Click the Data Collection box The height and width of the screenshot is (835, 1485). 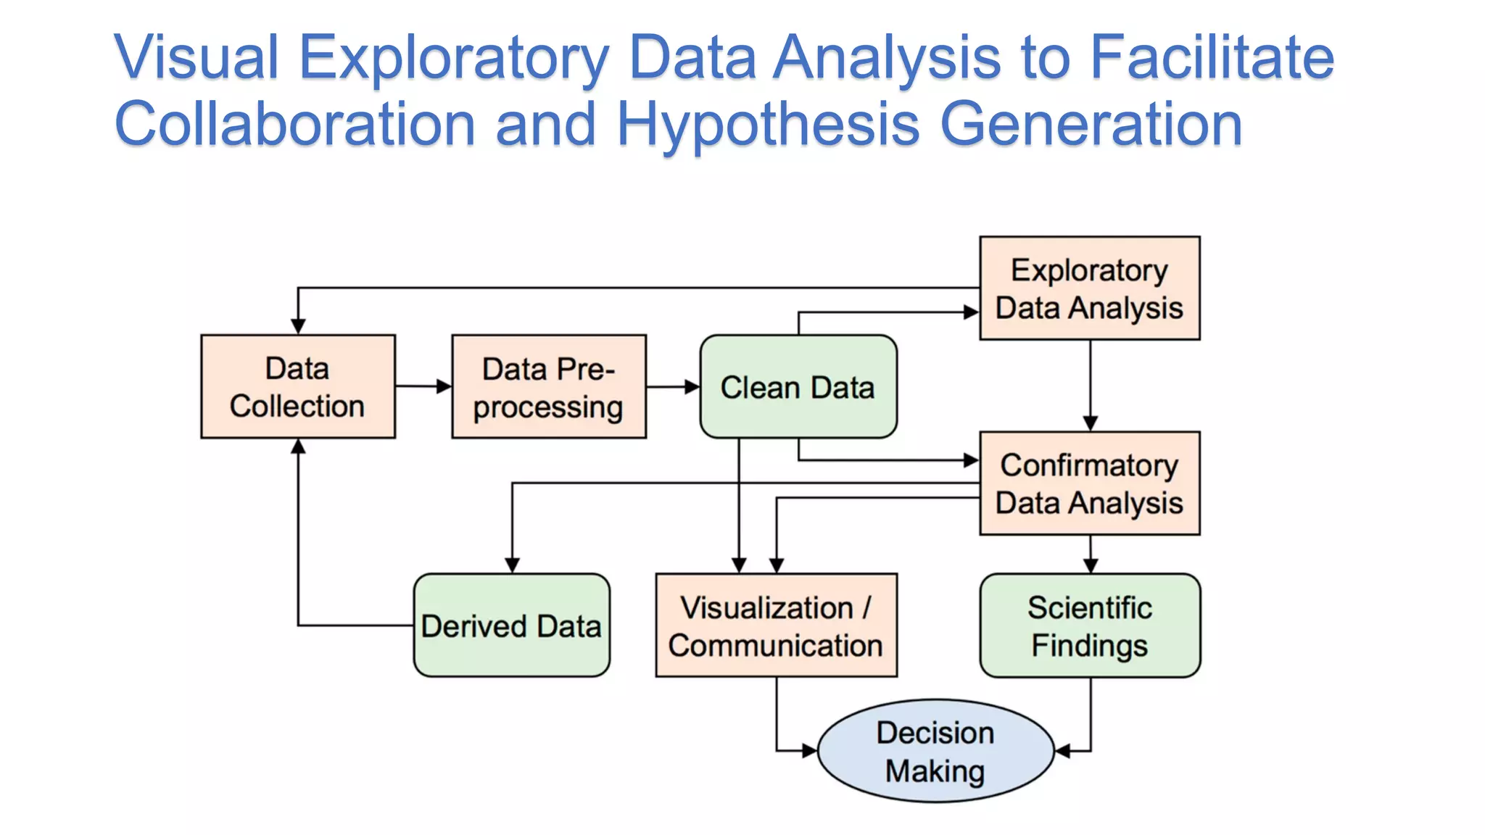297,386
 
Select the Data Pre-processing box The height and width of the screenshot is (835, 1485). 548,386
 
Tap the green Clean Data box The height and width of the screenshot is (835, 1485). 798,386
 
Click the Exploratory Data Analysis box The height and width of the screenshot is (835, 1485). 1089,288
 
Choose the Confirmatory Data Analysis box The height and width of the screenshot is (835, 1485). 1089,483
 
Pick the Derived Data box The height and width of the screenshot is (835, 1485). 511,626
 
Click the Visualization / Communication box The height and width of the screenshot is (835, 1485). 776,626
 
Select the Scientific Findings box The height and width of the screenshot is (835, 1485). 1089,626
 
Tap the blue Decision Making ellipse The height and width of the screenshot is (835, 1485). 935,751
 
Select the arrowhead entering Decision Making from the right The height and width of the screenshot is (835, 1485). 1063,751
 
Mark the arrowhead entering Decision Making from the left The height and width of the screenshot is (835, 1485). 809,751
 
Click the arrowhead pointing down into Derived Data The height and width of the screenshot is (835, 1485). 512,565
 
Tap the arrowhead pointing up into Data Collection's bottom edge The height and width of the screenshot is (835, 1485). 298,446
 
